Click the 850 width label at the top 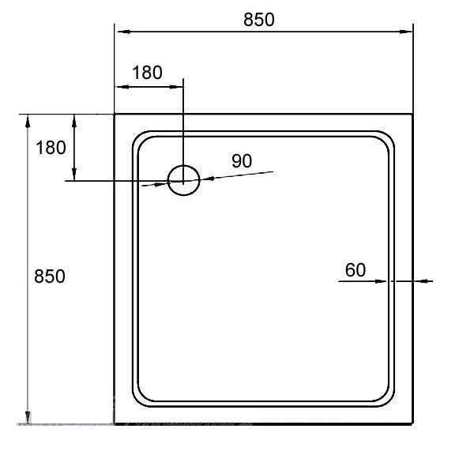(x=259, y=20)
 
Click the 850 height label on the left (x=49, y=276)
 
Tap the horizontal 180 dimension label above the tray (x=147, y=73)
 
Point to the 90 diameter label (x=242, y=160)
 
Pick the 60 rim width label (x=355, y=270)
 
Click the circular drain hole (x=183, y=180)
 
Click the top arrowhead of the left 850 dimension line (x=28, y=121)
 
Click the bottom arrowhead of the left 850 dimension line (x=28, y=418)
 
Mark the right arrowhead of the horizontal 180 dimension (x=178, y=86)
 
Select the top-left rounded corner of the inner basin (x=141, y=140)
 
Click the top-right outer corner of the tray (x=412, y=115)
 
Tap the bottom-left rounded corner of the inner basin (x=141, y=400)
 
